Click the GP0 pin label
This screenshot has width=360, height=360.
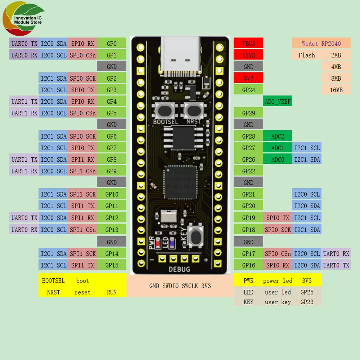click(112, 44)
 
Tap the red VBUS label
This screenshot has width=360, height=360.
click(248, 44)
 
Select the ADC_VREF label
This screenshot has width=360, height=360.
click(277, 102)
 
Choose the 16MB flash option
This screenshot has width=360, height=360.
click(336, 90)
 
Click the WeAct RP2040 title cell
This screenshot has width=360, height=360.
click(321, 44)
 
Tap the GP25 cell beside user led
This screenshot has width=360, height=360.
click(307, 292)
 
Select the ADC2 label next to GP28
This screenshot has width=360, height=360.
click(278, 136)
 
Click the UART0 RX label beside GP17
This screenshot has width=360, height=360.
click(336, 253)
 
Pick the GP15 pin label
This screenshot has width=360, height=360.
click(112, 265)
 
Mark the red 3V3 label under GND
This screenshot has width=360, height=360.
click(248, 78)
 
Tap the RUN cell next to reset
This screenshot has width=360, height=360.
click(112, 292)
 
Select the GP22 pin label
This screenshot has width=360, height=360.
click(248, 171)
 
